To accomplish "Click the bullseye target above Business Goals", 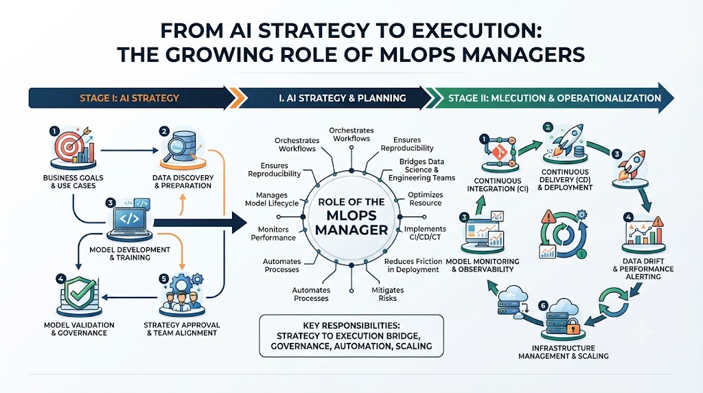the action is pos(68,146).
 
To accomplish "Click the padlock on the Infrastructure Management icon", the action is pos(573,328).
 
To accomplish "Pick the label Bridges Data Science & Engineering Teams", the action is pos(422,170).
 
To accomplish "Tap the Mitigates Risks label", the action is pos(387,294).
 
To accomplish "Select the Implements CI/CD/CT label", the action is pos(424,233).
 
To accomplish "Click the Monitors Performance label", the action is pos(273,234).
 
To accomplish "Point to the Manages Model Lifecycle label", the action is pos(272,199).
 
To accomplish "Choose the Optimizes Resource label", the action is pos(425,199).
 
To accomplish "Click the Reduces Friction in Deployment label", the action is pos(413,265).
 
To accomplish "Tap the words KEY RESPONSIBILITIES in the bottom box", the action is pos(351,326).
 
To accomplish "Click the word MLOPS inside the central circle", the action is pos(351,216).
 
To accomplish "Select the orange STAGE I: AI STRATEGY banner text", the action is pos(129,98).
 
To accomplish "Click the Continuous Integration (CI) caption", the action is pos(497,185).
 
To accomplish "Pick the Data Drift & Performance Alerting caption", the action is pos(643,269).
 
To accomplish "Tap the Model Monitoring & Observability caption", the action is pos(482,265).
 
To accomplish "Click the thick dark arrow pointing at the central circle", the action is pos(200,223).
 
